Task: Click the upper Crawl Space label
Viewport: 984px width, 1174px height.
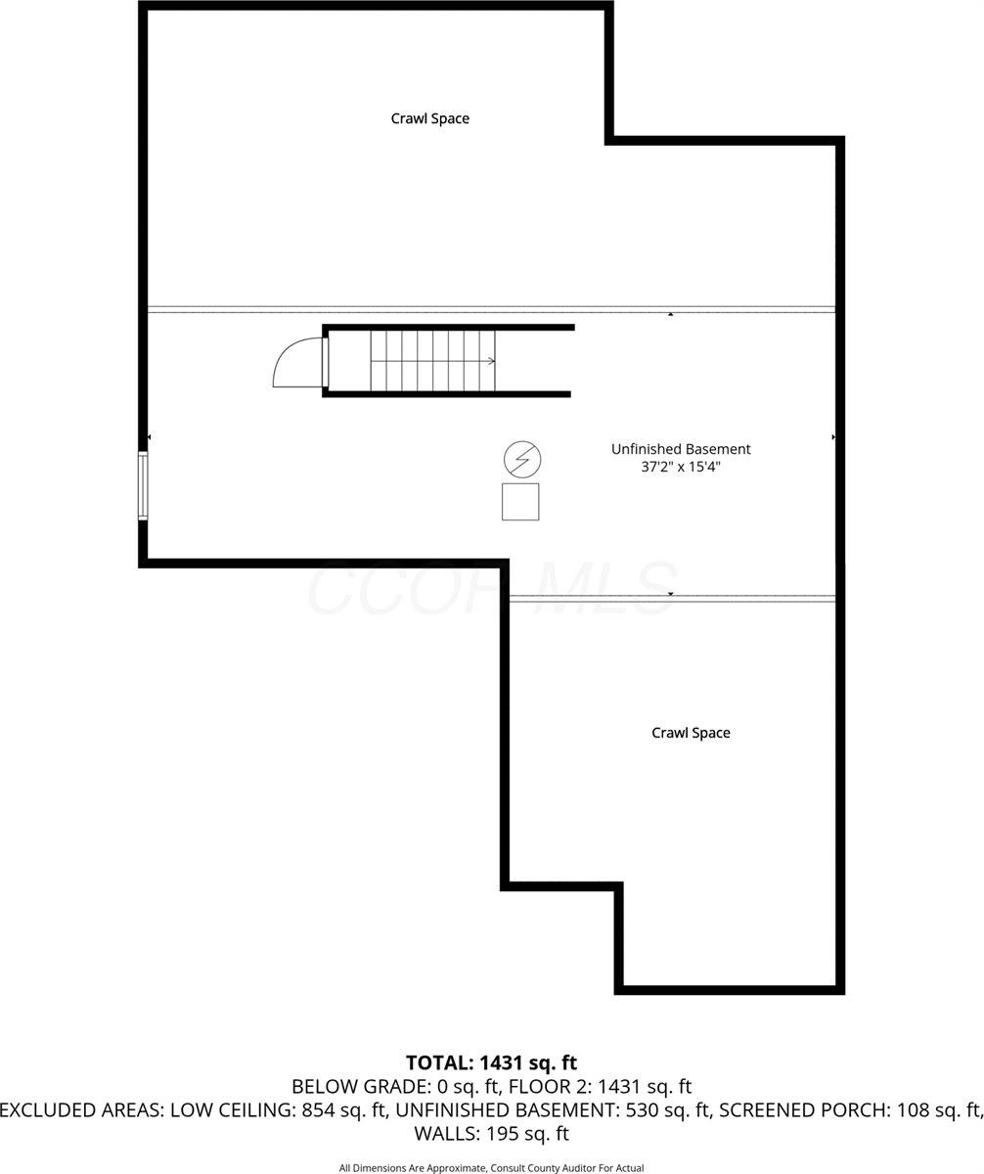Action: click(429, 118)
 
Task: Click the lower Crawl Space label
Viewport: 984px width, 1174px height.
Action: click(691, 733)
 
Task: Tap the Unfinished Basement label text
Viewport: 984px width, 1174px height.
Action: click(681, 449)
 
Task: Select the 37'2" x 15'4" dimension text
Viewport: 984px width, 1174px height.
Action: click(681, 468)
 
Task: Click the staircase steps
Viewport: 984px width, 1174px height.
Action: click(432, 361)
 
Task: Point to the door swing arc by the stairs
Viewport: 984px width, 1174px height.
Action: click(293, 364)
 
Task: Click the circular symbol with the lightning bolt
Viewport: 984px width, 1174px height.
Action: click(521, 458)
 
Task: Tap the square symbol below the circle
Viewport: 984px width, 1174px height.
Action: click(520, 502)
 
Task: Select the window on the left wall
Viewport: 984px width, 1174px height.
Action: click(143, 485)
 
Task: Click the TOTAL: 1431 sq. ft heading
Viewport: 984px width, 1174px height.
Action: click(491, 1062)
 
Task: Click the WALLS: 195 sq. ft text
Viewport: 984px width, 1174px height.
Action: click(491, 1135)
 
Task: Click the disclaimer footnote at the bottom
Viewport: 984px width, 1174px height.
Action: click(491, 1168)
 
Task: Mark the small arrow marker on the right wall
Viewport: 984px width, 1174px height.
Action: click(833, 437)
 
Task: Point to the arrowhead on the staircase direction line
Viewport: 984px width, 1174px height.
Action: click(491, 361)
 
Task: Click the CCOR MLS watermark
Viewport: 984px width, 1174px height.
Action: click(491, 589)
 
